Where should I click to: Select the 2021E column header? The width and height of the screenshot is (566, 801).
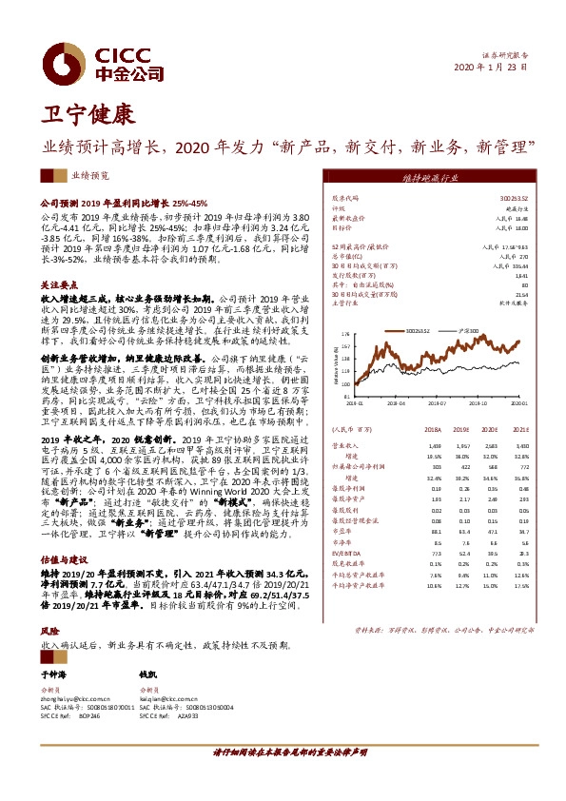coord(519,430)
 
